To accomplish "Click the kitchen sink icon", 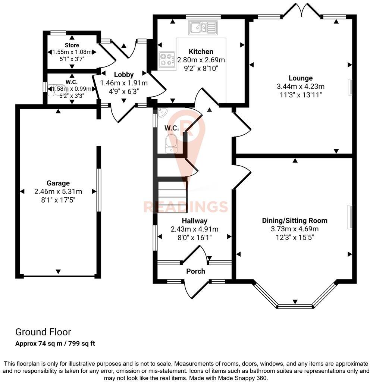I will [203, 27].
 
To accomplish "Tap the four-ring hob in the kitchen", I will [167, 60].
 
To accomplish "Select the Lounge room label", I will [300, 78].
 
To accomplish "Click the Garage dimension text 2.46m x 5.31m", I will [58, 192].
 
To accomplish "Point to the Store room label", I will [72, 45].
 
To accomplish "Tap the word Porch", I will [195, 271].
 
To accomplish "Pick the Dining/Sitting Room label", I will [295, 220].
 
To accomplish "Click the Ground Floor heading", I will [43, 332].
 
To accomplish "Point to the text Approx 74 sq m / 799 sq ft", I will [55, 344].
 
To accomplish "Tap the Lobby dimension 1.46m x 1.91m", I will [124, 83].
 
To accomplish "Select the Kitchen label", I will [201, 51].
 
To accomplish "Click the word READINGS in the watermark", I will [185, 206].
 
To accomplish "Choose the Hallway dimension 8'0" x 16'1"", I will [194, 237].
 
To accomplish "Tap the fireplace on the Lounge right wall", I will [351, 87].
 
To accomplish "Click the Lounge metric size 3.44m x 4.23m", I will [300, 87].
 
